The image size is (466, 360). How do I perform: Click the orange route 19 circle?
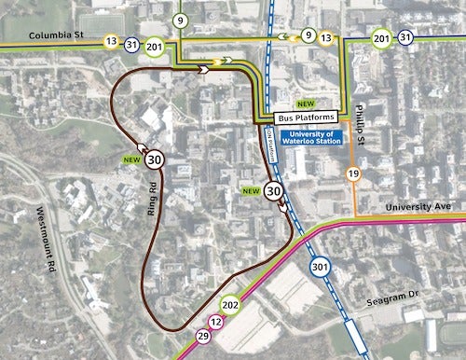pos(353,174)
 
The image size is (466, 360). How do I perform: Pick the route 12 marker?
pos(217,323)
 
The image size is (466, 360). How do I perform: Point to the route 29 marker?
pos(203,336)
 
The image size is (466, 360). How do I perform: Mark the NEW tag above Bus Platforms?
pos(305,103)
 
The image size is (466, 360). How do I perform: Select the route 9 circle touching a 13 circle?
pos(308,35)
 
